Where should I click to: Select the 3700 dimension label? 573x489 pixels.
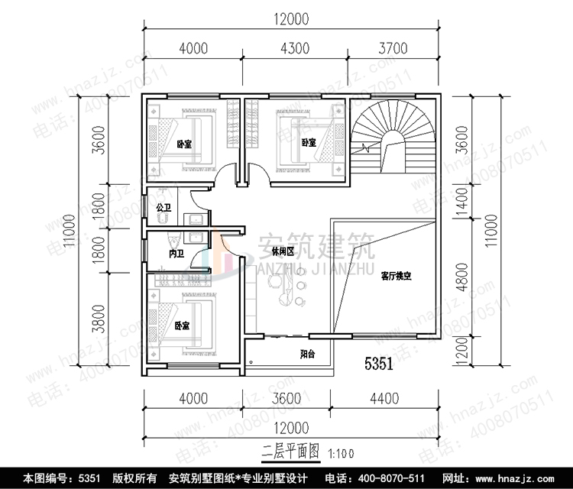[x=393, y=49]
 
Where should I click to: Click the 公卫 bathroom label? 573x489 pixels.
[x=163, y=208]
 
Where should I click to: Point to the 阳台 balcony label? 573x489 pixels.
[x=308, y=354]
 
